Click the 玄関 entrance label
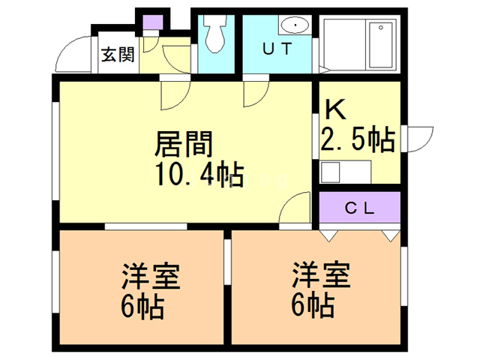[118, 55]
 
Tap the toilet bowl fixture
[216, 34]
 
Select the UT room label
[277, 49]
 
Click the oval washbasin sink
[295, 25]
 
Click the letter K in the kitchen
[335, 109]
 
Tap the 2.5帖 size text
[357, 139]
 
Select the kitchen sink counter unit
[345, 172]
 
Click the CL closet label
[360, 208]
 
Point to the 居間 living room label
[184, 144]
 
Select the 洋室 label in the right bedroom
[321, 274]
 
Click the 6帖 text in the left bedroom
[142, 307]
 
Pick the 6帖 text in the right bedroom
[313, 304]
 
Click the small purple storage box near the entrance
[153, 22]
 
